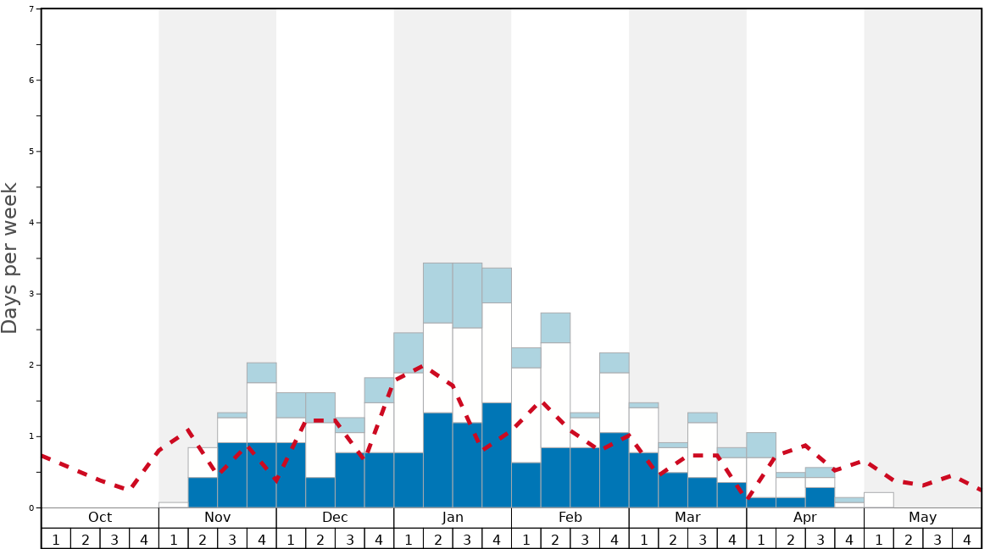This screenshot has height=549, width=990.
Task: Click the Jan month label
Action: (453, 518)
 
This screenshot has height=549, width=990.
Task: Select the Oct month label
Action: (100, 518)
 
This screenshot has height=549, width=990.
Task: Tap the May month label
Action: (922, 518)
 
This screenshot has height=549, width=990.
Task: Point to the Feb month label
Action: (570, 518)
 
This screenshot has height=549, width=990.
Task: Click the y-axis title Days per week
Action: (10, 258)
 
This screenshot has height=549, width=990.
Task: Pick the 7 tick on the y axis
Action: (31, 9)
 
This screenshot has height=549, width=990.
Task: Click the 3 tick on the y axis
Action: (31, 294)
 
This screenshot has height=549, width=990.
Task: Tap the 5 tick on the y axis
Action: (31, 152)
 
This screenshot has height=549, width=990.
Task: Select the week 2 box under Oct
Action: (85, 539)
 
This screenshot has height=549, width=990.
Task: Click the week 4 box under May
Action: (967, 539)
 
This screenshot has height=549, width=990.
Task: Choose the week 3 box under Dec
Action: (349, 539)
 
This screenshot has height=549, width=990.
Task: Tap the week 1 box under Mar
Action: (643, 539)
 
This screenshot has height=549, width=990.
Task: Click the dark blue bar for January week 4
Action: (497, 455)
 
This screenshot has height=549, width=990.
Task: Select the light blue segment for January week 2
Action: (437, 293)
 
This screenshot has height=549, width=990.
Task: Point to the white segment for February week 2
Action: (555, 395)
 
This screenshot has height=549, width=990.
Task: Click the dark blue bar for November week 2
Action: (203, 492)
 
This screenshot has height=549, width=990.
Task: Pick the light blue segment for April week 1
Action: (761, 445)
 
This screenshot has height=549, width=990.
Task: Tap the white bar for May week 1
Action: (879, 500)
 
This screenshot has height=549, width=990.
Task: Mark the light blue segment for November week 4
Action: (261, 373)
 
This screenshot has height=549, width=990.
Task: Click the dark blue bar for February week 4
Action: (614, 470)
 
